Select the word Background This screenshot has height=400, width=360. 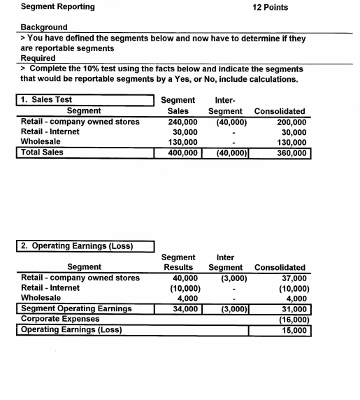(44, 27)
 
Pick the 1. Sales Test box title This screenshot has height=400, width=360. (47, 100)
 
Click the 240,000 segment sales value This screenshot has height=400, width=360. (183, 122)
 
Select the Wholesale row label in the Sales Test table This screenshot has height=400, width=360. (41, 141)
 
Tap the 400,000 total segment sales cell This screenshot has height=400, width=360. (183, 152)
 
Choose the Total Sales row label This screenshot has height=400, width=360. (43, 152)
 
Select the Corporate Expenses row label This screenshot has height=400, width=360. (58, 318)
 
